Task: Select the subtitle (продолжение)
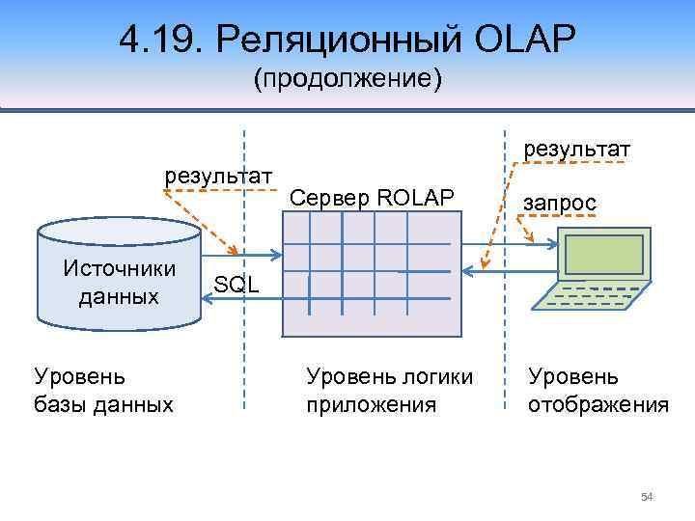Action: click(x=347, y=78)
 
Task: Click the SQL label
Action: click(x=236, y=284)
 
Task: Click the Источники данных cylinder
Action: click(x=118, y=275)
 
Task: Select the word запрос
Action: click(x=559, y=203)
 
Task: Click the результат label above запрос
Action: click(x=577, y=150)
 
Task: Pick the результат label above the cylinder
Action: click(x=220, y=177)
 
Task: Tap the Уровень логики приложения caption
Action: click(x=389, y=390)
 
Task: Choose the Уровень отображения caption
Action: click(x=598, y=390)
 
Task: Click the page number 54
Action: click(x=647, y=497)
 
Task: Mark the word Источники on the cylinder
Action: click(x=118, y=267)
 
